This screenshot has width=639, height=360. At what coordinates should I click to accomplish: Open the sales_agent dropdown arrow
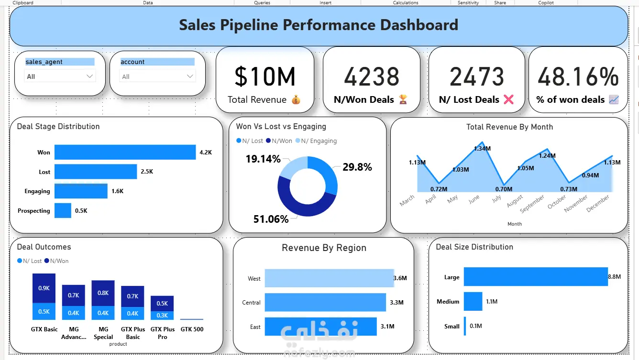[x=89, y=76]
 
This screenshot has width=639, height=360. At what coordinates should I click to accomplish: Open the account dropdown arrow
[x=190, y=76]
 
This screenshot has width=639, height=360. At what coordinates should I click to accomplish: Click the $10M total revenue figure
[x=264, y=76]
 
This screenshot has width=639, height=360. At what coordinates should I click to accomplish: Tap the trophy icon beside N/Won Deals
[x=403, y=99]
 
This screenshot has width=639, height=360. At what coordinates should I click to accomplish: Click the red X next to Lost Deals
[x=508, y=99]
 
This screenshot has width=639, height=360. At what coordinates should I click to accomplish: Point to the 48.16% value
[x=578, y=76]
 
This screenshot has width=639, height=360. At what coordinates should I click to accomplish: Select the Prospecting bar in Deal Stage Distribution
[x=63, y=210]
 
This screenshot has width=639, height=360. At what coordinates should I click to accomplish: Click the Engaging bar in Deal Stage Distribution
[x=81, y=191]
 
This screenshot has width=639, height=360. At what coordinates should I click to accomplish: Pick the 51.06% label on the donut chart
[x=271, y=219]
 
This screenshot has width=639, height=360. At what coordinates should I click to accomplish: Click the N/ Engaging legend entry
[x=316, y=141]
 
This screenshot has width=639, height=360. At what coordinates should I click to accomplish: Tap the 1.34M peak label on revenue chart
[x=482, y=149]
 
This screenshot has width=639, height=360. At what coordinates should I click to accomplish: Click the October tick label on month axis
[x=557, y=202]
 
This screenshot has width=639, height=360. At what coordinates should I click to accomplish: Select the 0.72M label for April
[x=439, y=189]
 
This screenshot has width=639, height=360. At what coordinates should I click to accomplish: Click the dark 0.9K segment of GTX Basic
[x=44, y=288]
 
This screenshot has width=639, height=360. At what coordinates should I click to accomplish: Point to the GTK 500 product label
[x=192, y=329]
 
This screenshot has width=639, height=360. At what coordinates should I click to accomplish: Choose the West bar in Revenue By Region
[x=329, y=278]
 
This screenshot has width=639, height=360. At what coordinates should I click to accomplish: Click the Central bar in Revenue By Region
[x=325, y=303]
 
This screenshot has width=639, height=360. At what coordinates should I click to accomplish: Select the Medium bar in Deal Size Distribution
[x=473, y=301]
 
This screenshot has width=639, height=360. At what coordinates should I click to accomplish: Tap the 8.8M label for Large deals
[x=615, y=277]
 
